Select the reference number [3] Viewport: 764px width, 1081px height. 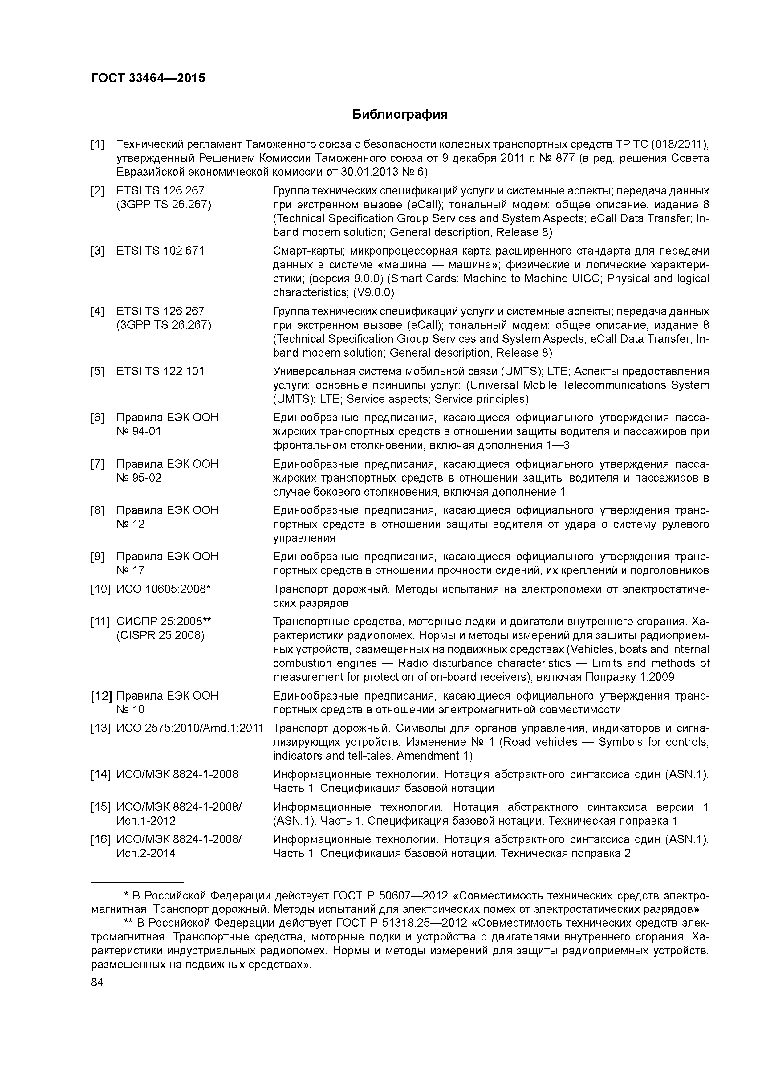click(97, 251)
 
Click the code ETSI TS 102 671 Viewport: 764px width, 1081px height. click(160, 251)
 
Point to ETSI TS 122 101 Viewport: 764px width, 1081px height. click(160, 371)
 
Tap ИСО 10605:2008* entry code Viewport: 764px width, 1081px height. click(163, 589)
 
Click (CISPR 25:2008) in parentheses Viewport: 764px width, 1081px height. click(160, 636)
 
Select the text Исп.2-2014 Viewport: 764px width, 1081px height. click(146, 853)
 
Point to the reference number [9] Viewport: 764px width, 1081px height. click(97, 557)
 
